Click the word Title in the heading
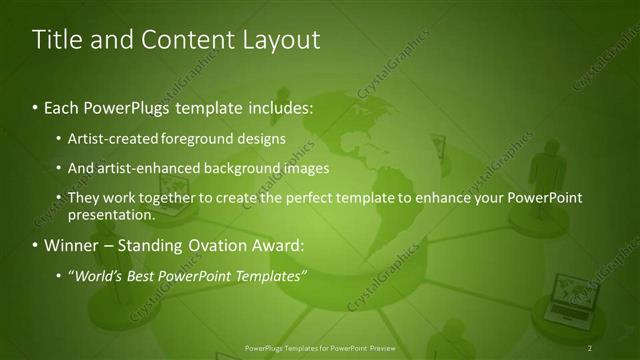click(x=56, y=40)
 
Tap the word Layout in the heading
click(x=276, y=40)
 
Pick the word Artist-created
click(x=109, y=138)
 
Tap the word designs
click(x=260, y=138)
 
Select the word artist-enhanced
click(x=142, y=168)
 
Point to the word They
click(x=84, y=198)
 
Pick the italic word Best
click(x=140, y=276)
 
